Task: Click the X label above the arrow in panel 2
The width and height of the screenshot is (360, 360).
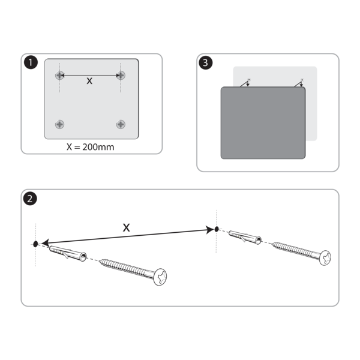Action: click(126, 227)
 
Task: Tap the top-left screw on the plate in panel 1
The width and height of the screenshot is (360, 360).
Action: click(59, 75)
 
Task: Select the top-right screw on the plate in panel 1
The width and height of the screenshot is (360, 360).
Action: click(121, 75)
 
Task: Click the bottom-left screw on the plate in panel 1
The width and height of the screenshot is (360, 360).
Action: click(59, 124)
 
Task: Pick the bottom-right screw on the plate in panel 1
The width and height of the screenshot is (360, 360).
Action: click(121, 124)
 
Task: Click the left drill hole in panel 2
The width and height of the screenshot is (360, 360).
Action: click(36, 244)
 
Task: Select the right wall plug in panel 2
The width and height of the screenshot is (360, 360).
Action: click(245, 238)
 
